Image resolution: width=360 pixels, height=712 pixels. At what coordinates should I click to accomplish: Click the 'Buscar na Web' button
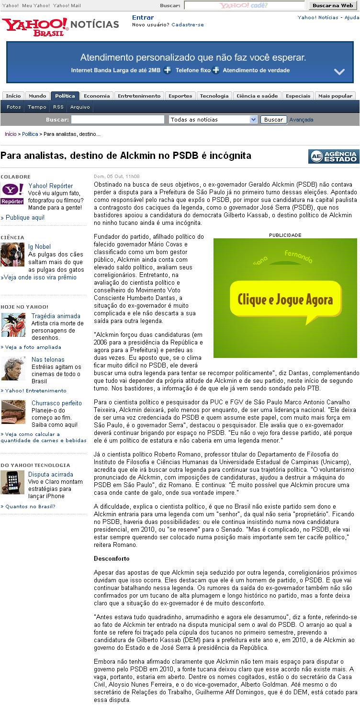[333, 5]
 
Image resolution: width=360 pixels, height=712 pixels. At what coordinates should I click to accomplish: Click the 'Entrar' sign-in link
[143, 18]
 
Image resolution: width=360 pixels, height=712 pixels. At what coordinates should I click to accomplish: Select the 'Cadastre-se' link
[187, 24]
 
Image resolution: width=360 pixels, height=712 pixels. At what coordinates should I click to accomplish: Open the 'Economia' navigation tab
[97, 96]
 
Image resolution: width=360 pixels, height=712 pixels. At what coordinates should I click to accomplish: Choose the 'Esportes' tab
[180, 96]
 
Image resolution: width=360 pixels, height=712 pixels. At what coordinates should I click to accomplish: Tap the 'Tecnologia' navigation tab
[214, 96]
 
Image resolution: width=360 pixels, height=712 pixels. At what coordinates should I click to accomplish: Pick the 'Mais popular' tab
[336, 96]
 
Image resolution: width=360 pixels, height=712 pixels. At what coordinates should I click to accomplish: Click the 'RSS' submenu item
[58, 107]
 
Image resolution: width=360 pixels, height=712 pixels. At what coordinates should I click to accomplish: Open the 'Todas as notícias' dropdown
[213, 120]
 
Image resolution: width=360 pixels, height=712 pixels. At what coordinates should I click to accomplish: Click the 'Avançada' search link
[301, 120]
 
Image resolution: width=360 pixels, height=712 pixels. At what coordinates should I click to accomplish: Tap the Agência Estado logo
[334, 156]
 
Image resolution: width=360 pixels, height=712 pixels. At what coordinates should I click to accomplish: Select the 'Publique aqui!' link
[24, 218]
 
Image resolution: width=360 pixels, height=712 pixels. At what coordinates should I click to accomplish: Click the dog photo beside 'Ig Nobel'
[12, 255]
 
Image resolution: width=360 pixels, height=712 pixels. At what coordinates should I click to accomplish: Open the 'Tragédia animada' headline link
[56, 316]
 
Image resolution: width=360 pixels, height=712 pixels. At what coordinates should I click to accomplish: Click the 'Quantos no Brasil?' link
[25, 506]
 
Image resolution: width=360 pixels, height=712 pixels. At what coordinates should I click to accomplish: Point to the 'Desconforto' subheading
[112, 558]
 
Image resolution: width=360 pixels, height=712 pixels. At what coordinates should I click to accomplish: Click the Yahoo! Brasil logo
[35, 27]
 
